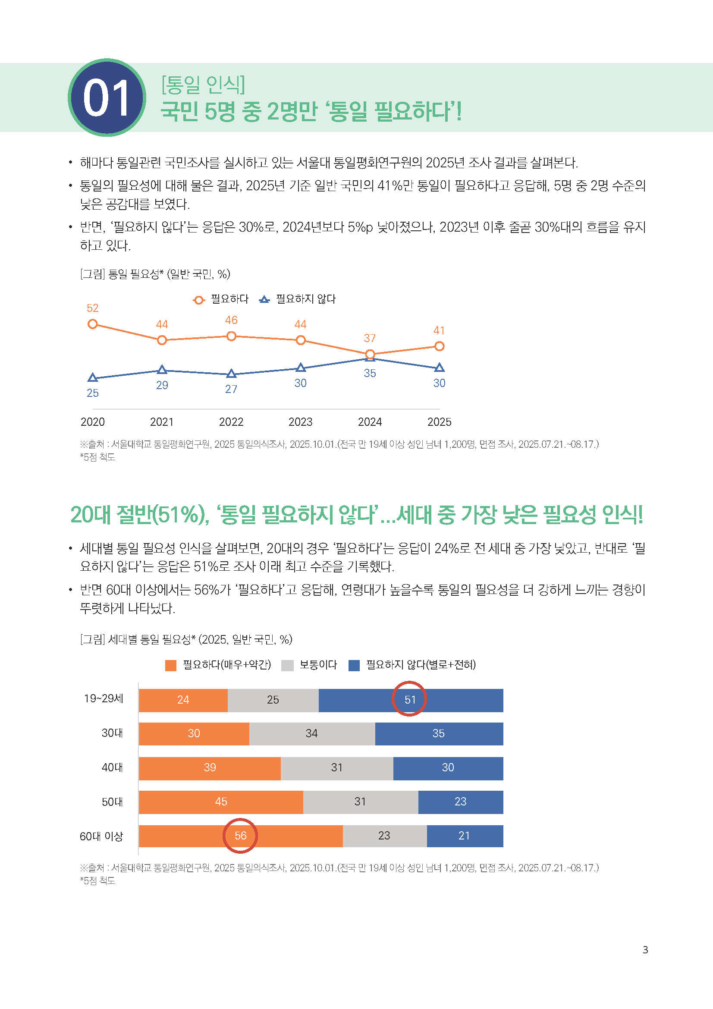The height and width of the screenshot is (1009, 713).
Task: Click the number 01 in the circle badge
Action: pyautogui.click(x=106, y=98)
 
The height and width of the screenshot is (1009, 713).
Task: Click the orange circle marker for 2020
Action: pyautogui.click(x=92, y=324)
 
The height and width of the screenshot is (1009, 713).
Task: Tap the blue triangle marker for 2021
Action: pyautogui.click(x=162, y=370)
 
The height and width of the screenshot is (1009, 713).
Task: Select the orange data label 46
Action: pyautogui.click(x=231, y=320)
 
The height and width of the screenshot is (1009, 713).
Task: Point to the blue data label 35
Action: pyautogui.click(x=370, y=373)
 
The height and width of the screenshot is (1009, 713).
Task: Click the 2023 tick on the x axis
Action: pyautogui.click(x=300, y=422)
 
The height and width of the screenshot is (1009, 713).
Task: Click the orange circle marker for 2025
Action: pyautogui.click(x=439, y=346)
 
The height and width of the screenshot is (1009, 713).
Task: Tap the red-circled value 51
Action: pyautogui.click(x=409, y=700)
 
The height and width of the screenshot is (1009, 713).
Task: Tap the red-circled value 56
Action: pyautogui.click(x=240, y=836)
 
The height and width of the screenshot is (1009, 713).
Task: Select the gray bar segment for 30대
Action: pyautogui.click(x=311, y=733)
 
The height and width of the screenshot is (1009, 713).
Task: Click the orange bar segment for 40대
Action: pyautogui.click(x=210, y=768)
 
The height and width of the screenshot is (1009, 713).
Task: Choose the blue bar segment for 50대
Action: pyautogui.click(x=460, y=802)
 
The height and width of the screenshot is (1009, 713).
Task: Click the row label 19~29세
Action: pyautogui.click(x=103, y=699)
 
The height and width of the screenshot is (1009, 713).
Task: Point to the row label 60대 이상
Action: pyautogui.click(x=101, y=836)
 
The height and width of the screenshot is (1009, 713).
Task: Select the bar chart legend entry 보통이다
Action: pyautogui.click(x=317, y=665)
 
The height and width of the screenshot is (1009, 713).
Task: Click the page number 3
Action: pyautogui.click(x=645, y=949)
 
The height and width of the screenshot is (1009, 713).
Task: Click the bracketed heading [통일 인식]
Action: pyautogui.click(x=203, y=85)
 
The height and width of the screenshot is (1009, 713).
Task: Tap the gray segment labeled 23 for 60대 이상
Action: pyautogui.click(x=384, y=836)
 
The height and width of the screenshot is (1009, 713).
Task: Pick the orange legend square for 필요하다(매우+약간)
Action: pyautogui.click(x=170, y=665)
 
